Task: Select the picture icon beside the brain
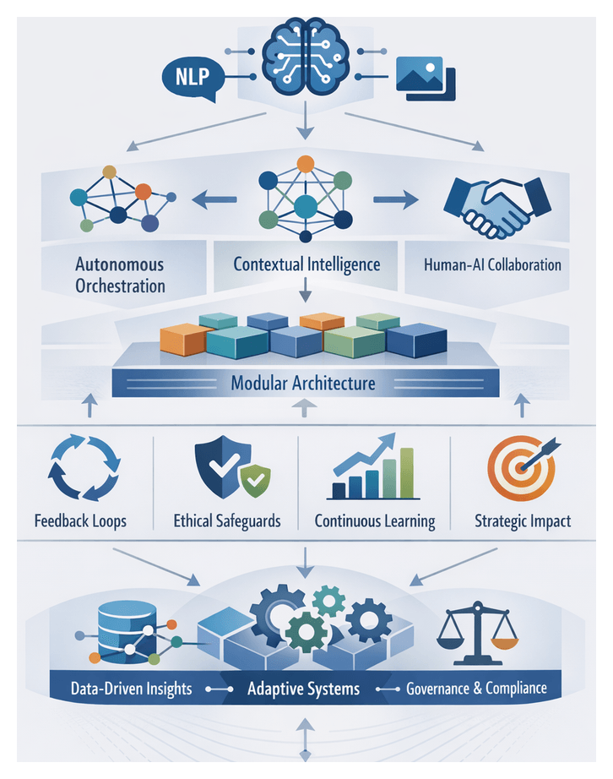point(424,79)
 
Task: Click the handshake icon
point(496,206)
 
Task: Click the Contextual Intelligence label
point(306,264)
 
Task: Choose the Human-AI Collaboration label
point(493,264)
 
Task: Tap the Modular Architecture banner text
point(302,384)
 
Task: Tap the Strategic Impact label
point(521,520)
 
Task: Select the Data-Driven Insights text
point(132,689)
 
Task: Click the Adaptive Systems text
point(303,689)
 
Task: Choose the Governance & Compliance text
point(476,689)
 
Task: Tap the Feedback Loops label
point(80,520)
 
